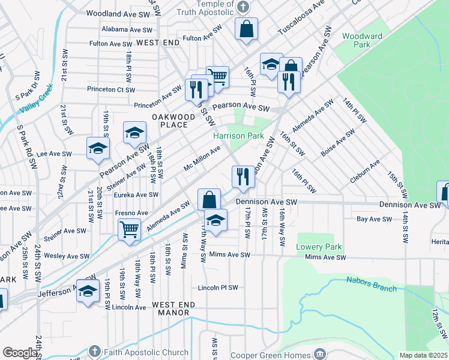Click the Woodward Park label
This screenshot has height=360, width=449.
coord(362,40)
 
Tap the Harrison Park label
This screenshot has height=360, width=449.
coord(238,136)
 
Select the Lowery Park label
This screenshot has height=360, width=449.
coord(319,247)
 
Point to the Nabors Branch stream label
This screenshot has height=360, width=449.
coord(371,284)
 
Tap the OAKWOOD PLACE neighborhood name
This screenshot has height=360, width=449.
coord(173,120)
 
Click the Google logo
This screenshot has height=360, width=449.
coord(20,353)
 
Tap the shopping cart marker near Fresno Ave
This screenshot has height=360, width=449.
coord(130,229)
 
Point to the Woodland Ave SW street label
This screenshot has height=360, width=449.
coord(118,13)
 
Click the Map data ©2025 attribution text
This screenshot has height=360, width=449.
coord(424,355)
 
